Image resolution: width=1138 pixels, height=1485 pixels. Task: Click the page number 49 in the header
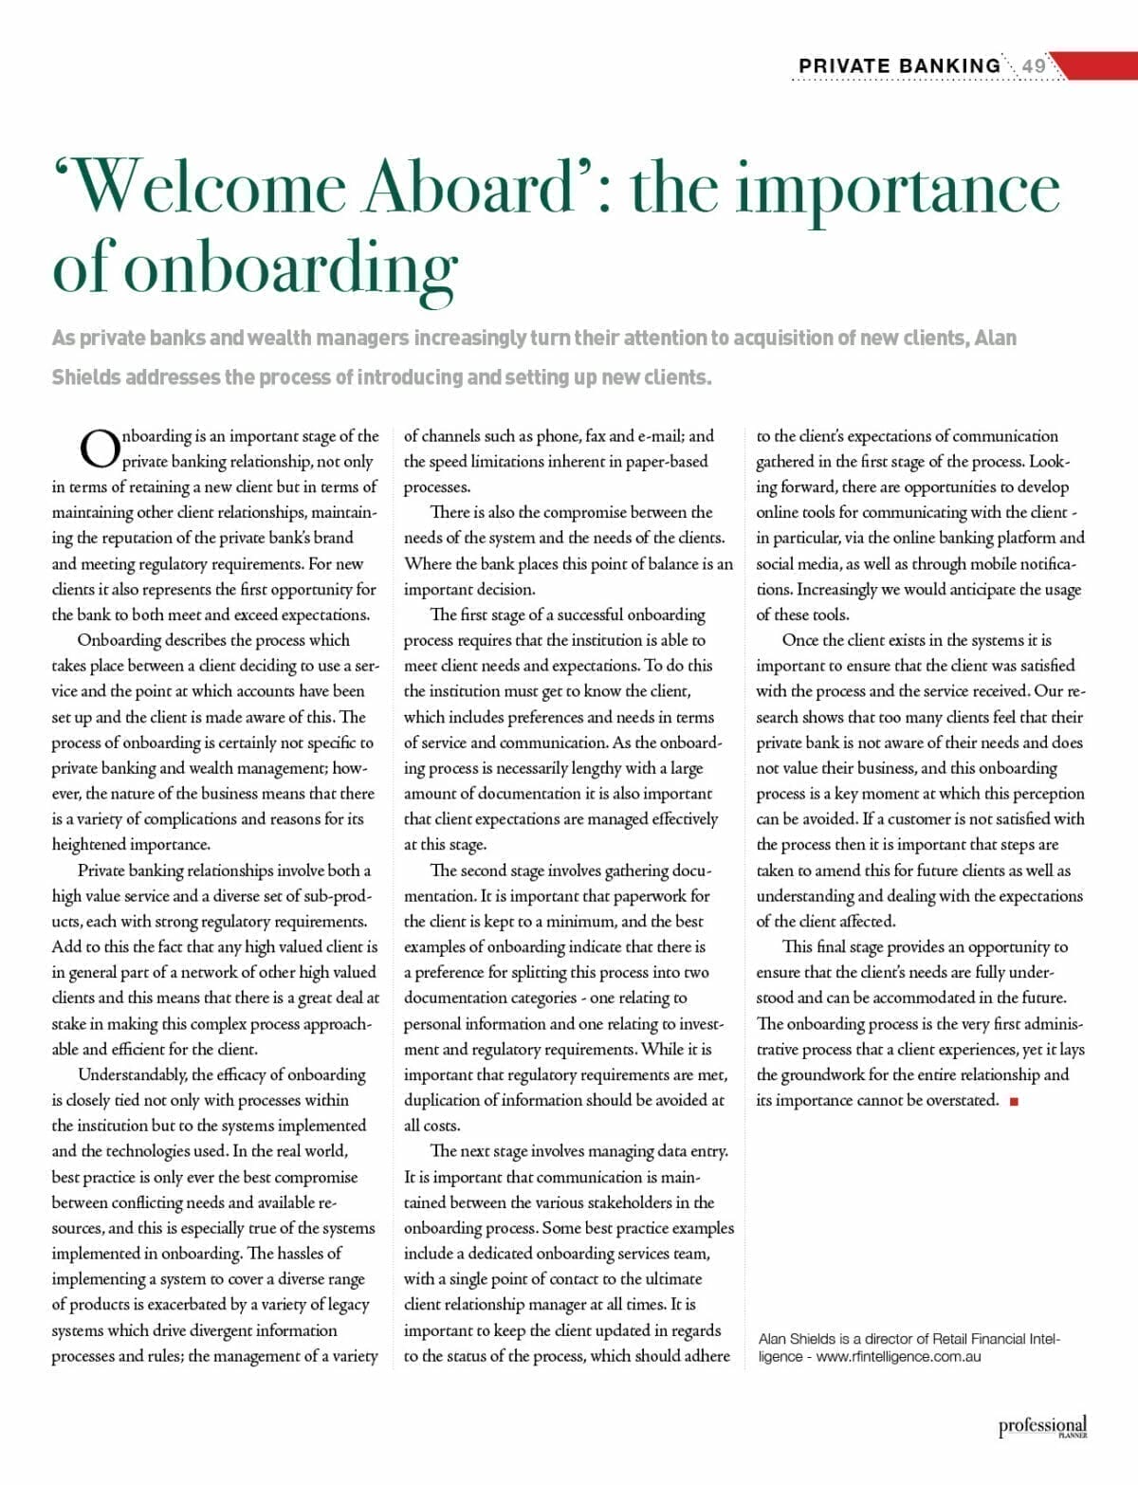[1034, 65]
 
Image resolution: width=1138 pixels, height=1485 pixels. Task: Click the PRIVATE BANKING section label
[899, 65]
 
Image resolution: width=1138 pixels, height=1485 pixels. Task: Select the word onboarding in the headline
[290, 268]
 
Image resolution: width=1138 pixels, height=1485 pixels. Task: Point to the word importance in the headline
[897, 190]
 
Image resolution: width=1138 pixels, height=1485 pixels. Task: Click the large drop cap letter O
[98, 449]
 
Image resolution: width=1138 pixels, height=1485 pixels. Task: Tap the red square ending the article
[1014, 1101]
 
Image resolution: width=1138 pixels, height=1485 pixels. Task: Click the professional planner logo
[1042, 1426]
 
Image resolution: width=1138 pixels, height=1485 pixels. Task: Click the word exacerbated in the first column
[192, 1305]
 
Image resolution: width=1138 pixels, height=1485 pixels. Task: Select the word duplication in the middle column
[445, 1100]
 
